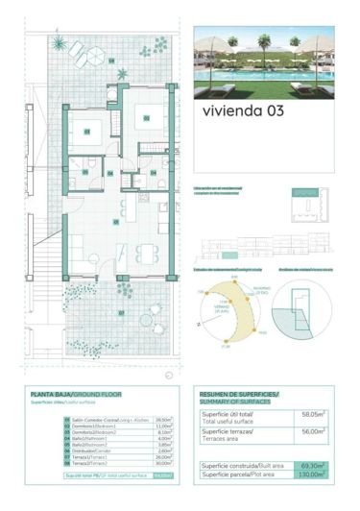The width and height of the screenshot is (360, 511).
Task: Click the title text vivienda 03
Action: coord(243,110)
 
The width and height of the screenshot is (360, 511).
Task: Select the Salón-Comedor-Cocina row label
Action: coord(94,420)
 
